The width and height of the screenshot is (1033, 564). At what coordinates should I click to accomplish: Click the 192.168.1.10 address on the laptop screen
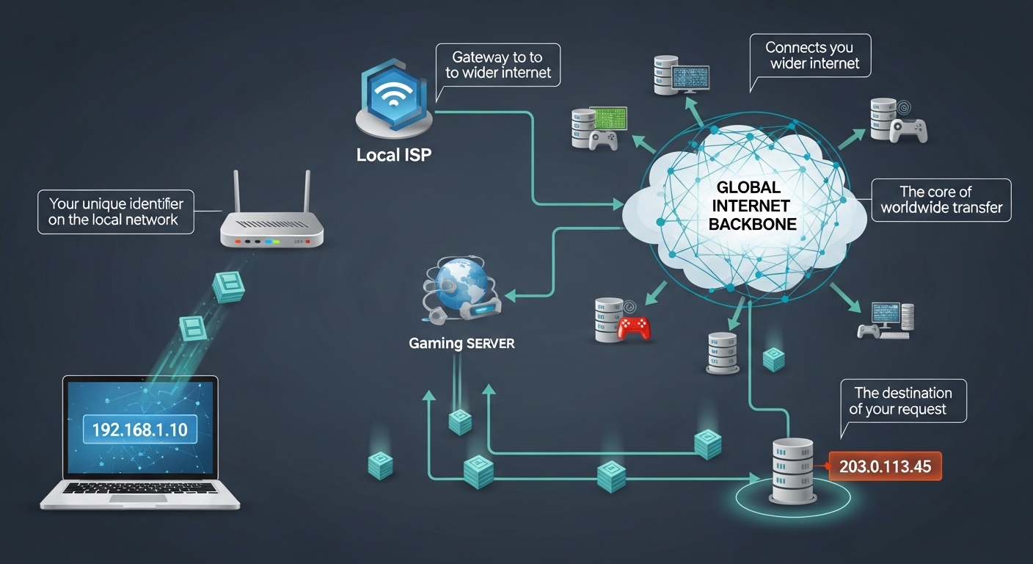(140, 429)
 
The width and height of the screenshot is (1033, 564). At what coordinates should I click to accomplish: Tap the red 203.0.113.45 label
(885, 466)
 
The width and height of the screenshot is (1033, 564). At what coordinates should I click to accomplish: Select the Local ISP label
(393, 156)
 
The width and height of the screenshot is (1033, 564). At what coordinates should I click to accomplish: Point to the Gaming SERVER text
(461, 343)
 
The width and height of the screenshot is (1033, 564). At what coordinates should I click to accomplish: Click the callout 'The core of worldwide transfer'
(941, 200)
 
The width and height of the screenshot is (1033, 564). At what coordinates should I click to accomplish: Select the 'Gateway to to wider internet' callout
(497, 65)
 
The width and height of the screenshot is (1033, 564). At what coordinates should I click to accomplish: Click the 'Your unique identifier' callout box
(115, 211)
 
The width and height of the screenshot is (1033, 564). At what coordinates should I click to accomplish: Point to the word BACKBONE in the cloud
(752, 225)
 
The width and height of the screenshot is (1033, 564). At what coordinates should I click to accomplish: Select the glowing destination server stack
(793, 471)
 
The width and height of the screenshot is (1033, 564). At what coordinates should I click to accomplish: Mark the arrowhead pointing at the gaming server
(512, 297)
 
